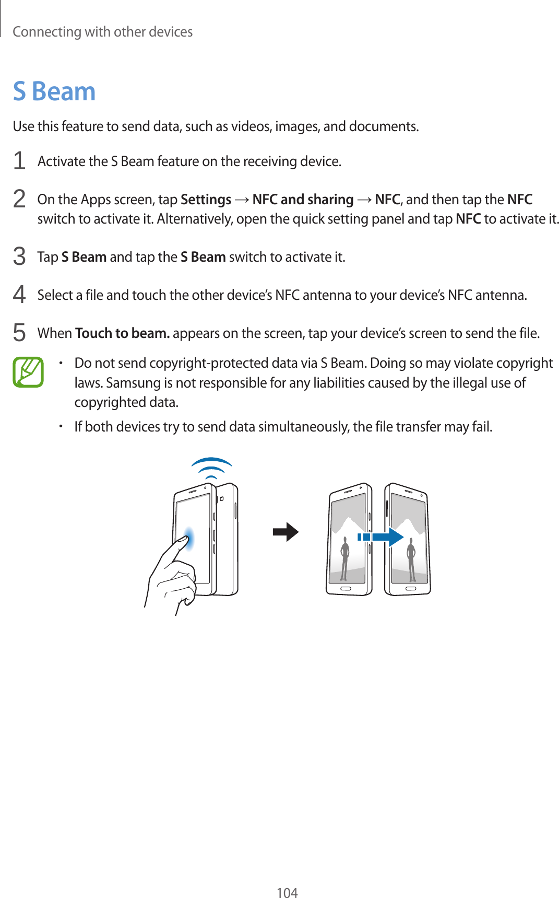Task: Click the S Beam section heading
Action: [x=54, y=91]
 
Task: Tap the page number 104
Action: [x=287, y=892]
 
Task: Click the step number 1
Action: [x=19, y=161]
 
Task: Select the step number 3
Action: [x=19, y=256]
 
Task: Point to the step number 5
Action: [x=19, y=333]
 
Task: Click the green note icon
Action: [x=28, y=372]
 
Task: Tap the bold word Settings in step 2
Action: [x=206, y=200]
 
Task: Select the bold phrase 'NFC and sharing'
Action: [x=303, y=200]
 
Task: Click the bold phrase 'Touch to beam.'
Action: [x=122, y=333]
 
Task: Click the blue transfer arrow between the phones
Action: [x=381, y=537]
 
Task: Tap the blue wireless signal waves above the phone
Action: [x=211, y=467]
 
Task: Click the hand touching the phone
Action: [x=172, y=575]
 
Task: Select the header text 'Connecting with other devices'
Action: [x=103, y=32]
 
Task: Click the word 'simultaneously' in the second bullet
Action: [x=303, y=427]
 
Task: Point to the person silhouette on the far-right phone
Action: [x=411, y=559]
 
